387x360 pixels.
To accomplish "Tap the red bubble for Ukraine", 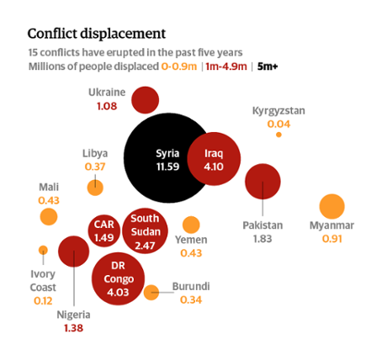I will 145,99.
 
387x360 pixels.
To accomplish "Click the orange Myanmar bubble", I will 332,206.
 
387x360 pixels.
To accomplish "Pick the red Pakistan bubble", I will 262,181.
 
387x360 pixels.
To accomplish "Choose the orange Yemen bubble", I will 191,225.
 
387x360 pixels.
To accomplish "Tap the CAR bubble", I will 104,229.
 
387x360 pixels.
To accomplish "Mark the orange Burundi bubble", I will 151,293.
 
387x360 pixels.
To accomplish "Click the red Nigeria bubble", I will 74,251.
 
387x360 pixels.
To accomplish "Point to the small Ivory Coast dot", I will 44,249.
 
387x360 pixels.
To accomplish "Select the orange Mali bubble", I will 49,216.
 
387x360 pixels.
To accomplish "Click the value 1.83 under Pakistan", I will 263,239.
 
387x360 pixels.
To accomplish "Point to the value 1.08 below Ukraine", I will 107,107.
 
